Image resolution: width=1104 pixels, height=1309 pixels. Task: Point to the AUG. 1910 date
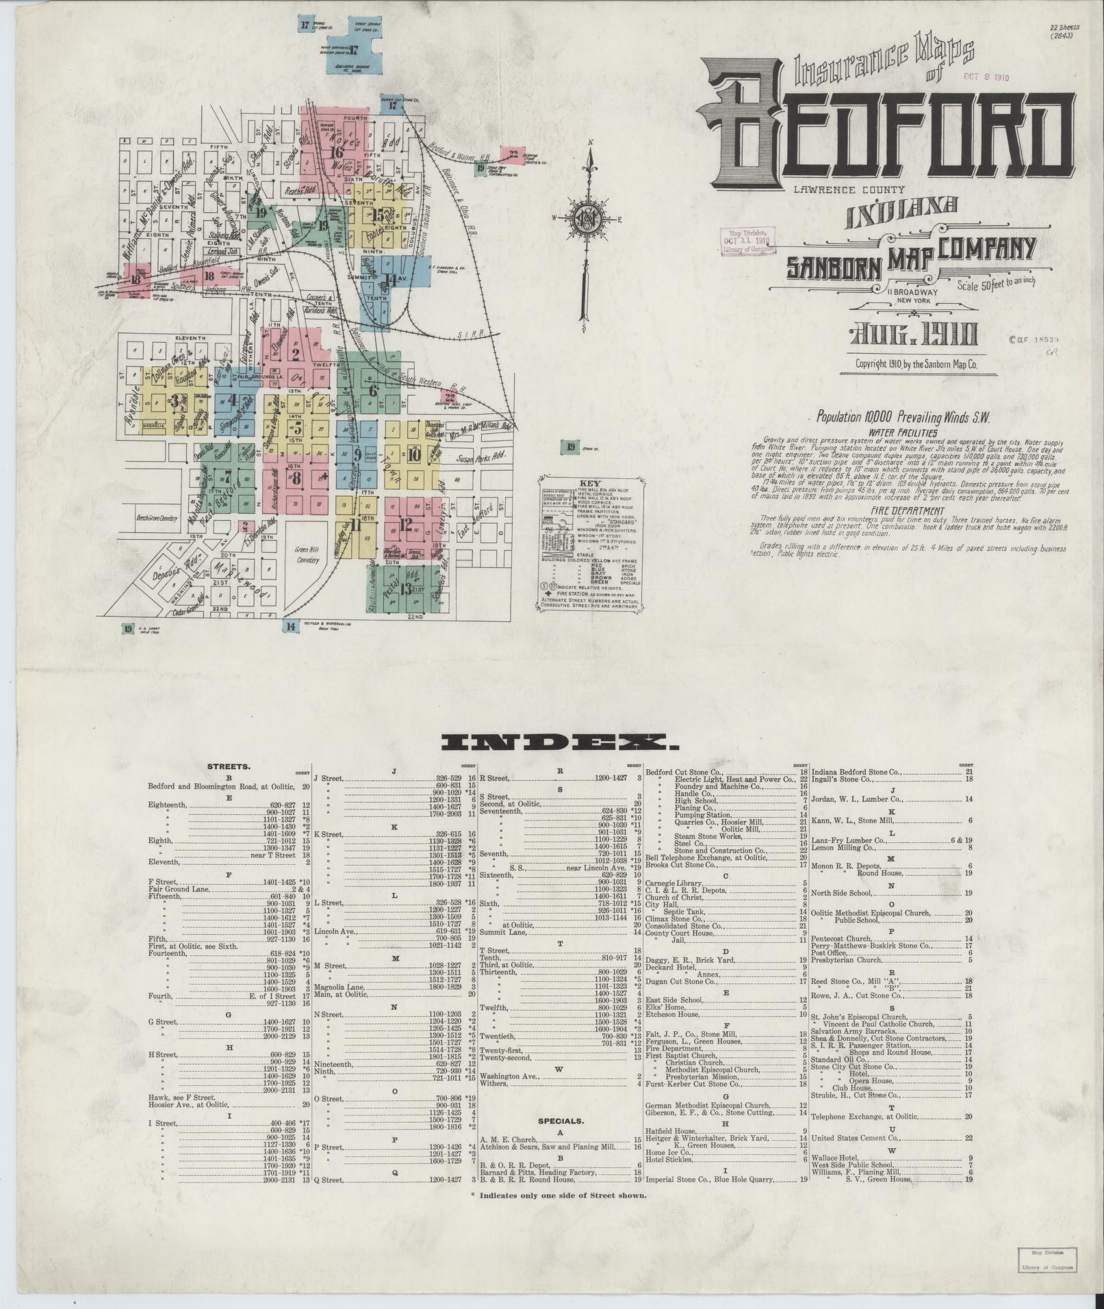pyautogui.click(x=913, y=335)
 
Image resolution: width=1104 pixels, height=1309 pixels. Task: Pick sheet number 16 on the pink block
pyautogui.click(x=336, y=152)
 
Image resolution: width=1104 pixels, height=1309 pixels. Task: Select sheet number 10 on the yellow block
pyautogui.click(x=413, y=454)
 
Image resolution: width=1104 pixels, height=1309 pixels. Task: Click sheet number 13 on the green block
pyautogui.click(x=406, y=588)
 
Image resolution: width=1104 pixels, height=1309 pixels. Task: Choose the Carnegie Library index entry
pyautogui.click(x=673, y=883)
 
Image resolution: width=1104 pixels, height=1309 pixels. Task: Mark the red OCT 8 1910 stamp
pyautogui.click(x=986, y=77)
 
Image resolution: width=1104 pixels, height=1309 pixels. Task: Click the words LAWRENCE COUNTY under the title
pyautogui.click(x=849, y=190)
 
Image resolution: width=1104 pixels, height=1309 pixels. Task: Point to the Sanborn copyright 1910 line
pyautogui.click(x=916, y=365)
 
